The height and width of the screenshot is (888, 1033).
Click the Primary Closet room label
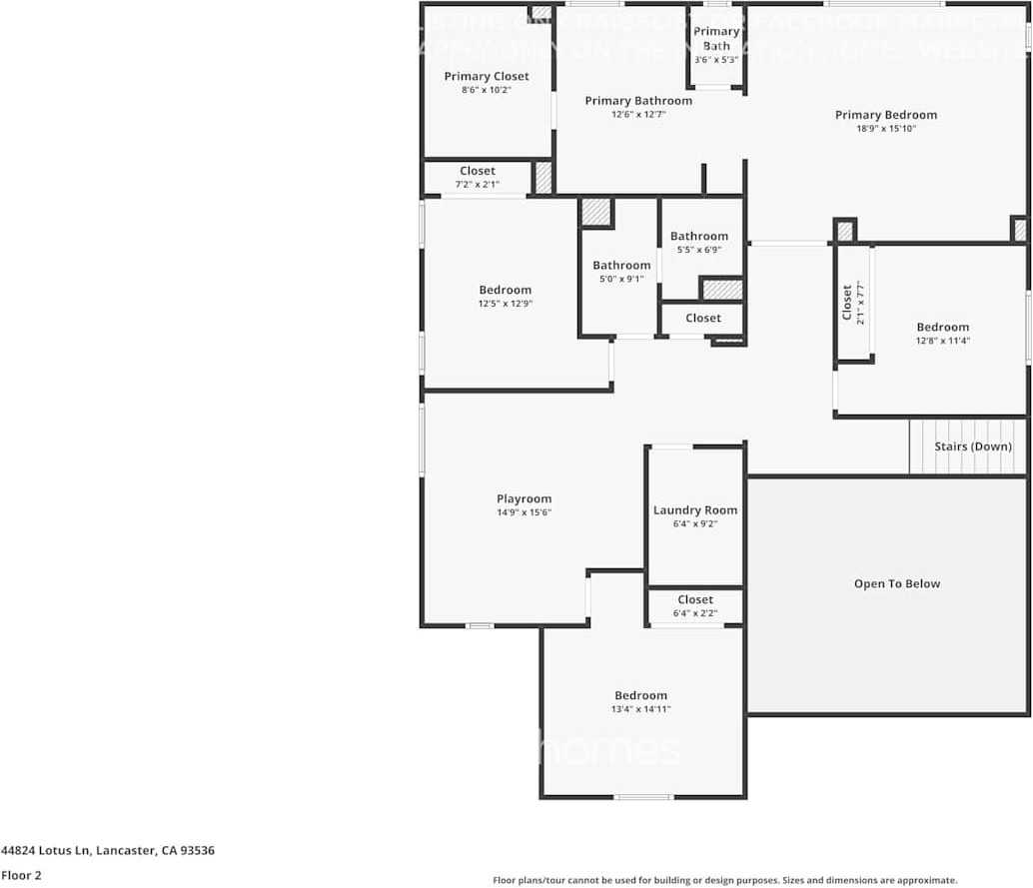pos(487,77)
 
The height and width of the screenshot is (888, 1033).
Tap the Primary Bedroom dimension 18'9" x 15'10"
pos(886,128)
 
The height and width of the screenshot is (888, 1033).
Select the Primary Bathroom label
pos(638,101)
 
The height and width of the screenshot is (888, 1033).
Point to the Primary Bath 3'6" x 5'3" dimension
pos(716,60)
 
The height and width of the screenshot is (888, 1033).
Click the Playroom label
pos(524,499)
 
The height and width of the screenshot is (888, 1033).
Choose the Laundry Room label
pos(695,510)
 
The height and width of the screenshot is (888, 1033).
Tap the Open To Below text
pos(897,584)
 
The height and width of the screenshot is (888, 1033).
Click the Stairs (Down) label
pos(973,446)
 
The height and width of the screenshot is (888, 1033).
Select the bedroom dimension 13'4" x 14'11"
pos(641,709)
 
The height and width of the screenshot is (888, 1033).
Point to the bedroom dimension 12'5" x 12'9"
pos(506,304)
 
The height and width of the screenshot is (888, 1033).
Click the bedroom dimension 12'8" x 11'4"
pos(943,341)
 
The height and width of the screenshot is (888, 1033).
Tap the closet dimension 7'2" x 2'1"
pos(478,185)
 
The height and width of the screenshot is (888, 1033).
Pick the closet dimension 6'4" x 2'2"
pos(695,613)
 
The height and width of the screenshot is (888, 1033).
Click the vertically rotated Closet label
pos(847,303)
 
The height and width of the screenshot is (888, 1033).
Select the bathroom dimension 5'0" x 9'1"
pos(621,279)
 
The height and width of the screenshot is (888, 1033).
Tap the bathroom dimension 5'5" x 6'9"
pos(699,250)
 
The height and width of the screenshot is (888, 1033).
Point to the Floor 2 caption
pos(22,876)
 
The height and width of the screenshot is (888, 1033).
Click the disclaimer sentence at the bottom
pos(724,880)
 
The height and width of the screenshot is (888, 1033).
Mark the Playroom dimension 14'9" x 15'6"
pos(524,512)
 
